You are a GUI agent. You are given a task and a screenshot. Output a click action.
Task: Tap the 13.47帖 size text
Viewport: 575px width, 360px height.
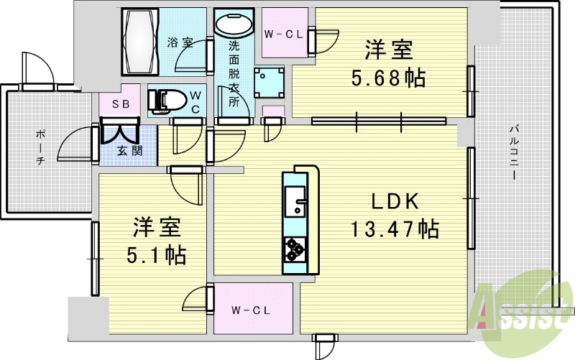(395, 230)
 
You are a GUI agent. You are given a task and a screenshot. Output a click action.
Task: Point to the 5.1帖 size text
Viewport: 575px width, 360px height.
(152, 254)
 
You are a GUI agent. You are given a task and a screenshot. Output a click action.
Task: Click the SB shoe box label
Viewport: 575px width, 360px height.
(120, 104)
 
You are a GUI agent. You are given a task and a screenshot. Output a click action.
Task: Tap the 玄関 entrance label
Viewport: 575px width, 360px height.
(129, 151)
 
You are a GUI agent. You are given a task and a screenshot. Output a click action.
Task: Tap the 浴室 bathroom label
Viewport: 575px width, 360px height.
(180, 42)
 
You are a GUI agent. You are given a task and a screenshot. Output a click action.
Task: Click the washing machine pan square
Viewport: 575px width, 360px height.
(270, 82)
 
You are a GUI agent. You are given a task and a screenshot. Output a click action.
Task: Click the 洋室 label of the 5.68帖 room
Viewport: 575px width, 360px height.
(389, 50)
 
